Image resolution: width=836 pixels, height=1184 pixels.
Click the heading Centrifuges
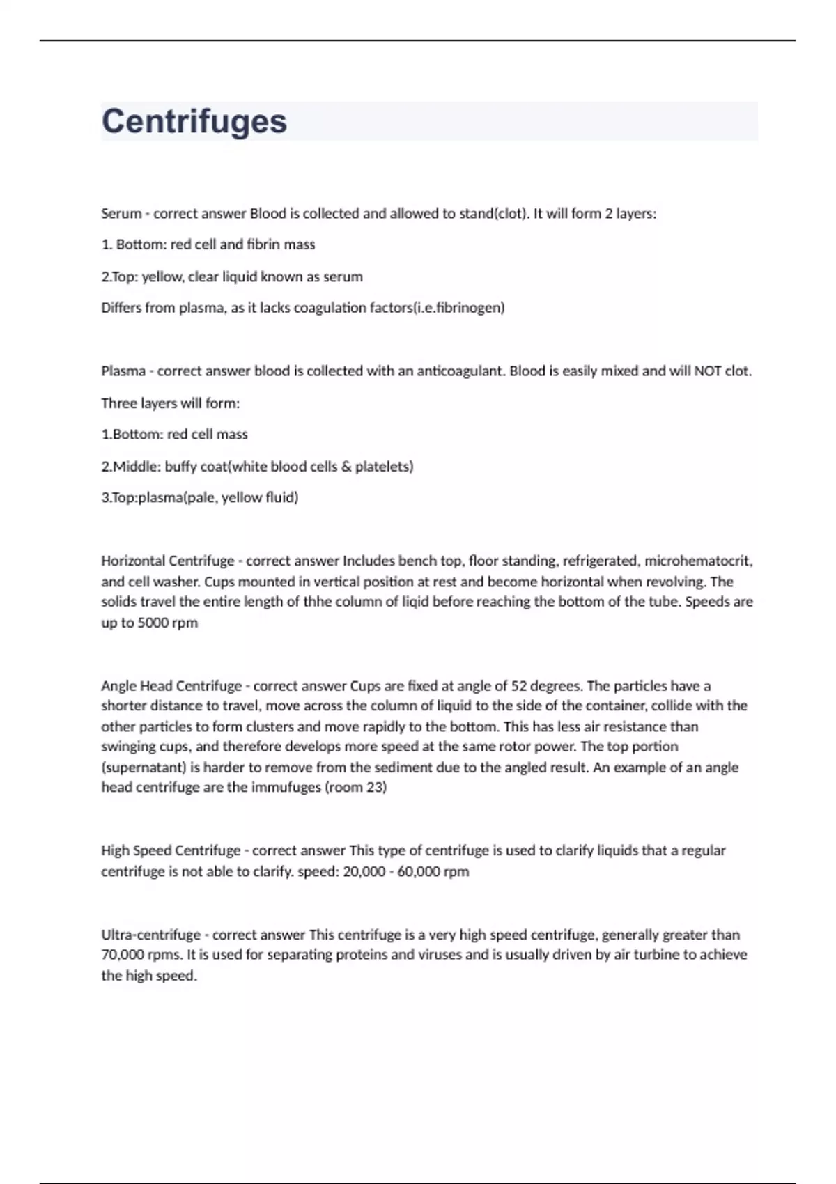pos(194,121)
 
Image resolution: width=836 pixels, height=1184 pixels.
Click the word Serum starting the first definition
pos(121,214)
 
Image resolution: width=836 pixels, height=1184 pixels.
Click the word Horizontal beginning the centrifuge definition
pos(132,561)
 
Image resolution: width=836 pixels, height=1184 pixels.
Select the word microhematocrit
pos(697,561)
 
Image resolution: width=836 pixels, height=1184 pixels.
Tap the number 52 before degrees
pos(520,686)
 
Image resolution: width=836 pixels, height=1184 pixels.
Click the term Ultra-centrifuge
pos(150,935)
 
